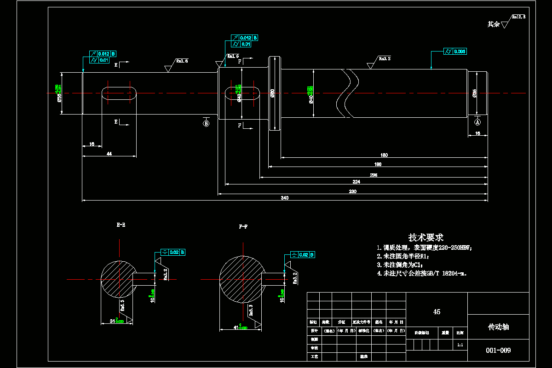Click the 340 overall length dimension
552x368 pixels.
(285, 198)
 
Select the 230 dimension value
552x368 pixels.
(353, 191)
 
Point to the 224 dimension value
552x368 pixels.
(356, 182)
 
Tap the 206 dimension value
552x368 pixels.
(374, 175)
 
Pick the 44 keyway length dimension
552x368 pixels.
(109, 154)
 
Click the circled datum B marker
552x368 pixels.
(206, 123)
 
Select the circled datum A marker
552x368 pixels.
(477, 122)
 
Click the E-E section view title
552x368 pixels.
(121, 225)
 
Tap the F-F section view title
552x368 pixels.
(244, 227)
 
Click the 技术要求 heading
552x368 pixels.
(426, 237)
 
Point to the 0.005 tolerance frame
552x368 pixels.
(455, 51)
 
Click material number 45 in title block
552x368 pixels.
(437, 312)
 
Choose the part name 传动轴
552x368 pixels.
(498, 327)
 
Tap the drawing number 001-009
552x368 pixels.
(498, 350)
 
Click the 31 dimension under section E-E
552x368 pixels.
(112, 320)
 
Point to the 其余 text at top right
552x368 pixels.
(494, 24)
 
